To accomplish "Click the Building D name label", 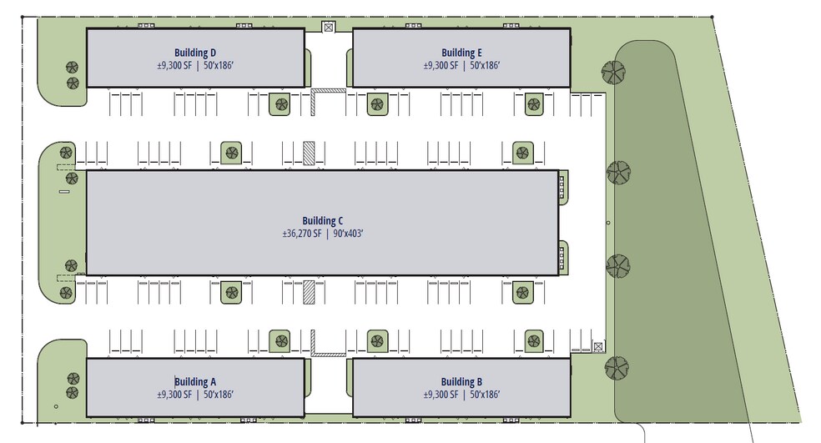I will coord(195,53).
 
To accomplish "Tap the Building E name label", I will coord(462,53).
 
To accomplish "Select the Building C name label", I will coord(323,221).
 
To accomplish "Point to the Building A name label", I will coord(195,382).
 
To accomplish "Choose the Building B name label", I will coord(462,382).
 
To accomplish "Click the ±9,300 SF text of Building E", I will coord(441,66).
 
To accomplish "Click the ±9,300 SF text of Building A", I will coord(174,395).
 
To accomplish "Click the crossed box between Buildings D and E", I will coord(328,28).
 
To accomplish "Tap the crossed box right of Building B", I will coord(597,346).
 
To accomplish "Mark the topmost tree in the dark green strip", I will coord(614,73).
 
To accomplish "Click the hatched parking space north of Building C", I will coord(309,154).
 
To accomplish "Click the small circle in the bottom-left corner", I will coord(56,407).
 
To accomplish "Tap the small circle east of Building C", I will coord(607,223).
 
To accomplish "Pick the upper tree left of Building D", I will coord(72,68).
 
